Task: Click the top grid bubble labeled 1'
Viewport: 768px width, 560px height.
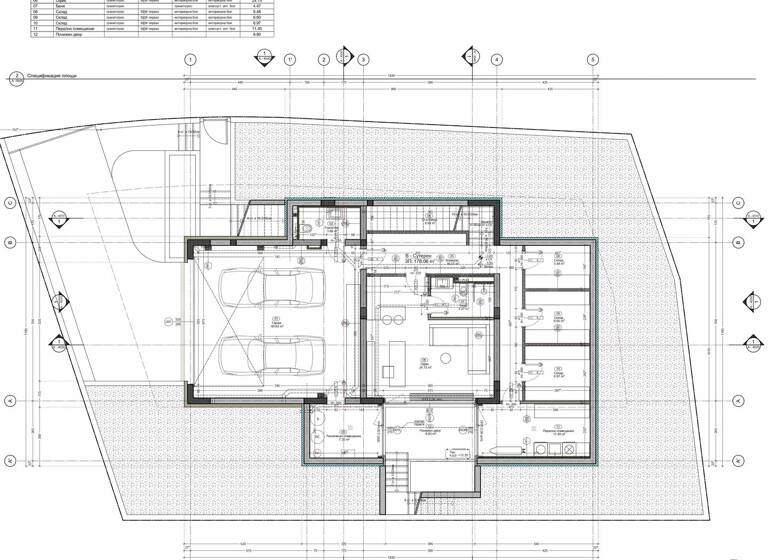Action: pyautogui.click(x=290, y=60)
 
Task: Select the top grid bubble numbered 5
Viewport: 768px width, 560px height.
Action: pyautogui.click(x=592, y=60)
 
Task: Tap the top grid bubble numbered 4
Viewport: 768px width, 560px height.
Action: pyautogui.click(x=496, y=60)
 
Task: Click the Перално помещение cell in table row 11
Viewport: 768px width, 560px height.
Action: pyautogui.click(x=65, y=29)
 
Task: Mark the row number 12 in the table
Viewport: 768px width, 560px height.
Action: pyautogui.click(x=36, y=35)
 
